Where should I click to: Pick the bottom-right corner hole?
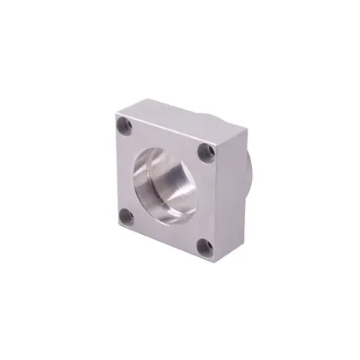[204, 248]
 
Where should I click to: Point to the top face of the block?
[180, 120]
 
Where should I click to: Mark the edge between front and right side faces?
[217, 206]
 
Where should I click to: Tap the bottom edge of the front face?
[163, 243]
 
